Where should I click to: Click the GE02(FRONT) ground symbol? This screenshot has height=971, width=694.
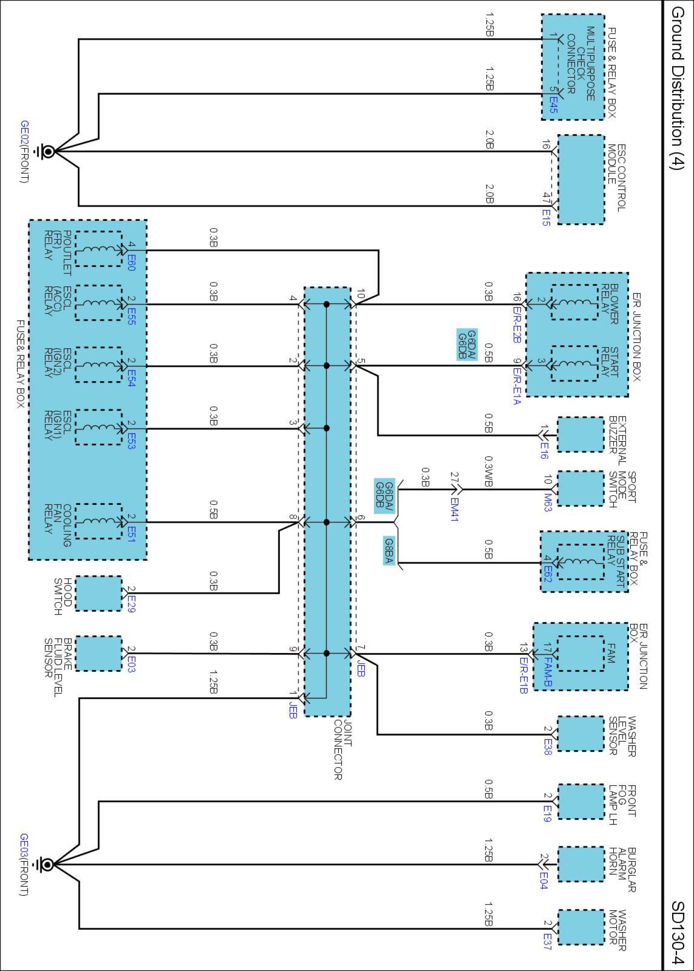(x=47, y=151)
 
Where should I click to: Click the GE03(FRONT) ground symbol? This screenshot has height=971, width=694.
(x=47, y=865)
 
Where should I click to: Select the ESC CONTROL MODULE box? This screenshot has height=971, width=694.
(x=581, y=180)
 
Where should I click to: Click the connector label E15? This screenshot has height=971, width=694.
(x=546, y=217)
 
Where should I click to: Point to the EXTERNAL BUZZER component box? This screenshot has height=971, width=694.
(x=580, y=435)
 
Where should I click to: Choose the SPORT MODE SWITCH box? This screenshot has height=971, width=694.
(x=580, y=489)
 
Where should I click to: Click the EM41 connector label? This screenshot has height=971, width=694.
(x=454, y=509)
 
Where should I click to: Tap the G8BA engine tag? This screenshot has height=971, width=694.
(x=389, y=551)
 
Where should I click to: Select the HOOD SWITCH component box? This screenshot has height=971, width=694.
(x=98, y=593)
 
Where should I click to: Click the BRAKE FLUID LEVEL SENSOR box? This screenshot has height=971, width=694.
(x=98, y=653)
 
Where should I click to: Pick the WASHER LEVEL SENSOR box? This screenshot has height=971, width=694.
(x=580, y=734)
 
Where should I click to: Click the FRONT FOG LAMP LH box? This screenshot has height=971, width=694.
(x=580, y=802)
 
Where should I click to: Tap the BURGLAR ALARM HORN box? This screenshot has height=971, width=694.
(x=580, y=864)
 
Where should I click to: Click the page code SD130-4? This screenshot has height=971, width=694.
(x=677, y=932)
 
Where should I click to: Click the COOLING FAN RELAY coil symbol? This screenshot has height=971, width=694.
(x=98, y=521)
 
